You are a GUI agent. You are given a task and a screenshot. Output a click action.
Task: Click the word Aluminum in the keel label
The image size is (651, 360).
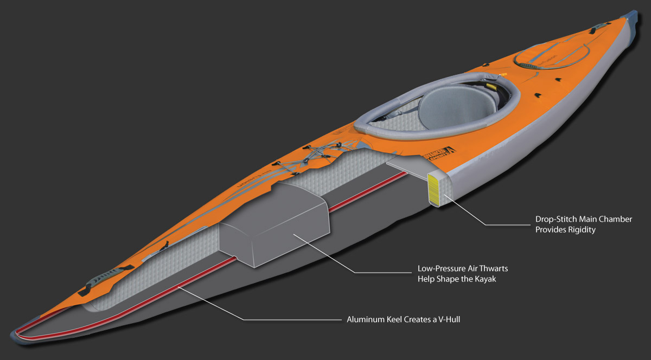pyautogui.click(x=364, y=319)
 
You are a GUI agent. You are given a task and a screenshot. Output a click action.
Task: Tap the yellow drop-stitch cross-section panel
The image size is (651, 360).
pyautogui.click(x=436, y=188)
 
